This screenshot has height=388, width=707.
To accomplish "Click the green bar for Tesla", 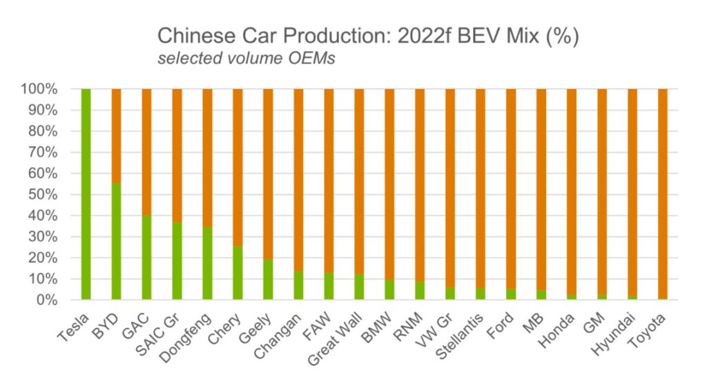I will coord(86,194).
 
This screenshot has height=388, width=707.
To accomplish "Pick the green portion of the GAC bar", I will coord(146,257).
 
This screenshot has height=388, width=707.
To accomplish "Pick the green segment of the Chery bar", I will coord(238,273).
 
